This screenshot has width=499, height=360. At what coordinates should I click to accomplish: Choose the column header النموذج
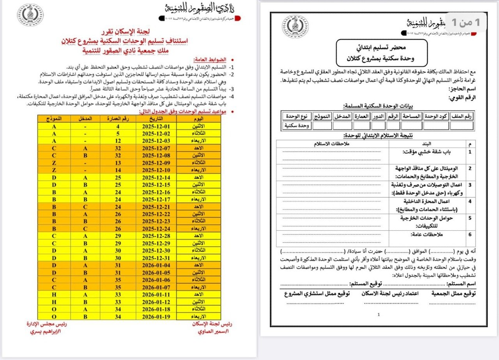click(54, 118)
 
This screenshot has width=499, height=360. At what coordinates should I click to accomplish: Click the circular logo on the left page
click(30, 15)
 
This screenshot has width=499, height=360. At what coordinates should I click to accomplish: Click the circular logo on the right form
click(295, 26)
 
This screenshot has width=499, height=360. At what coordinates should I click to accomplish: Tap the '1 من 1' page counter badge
click(466, 22)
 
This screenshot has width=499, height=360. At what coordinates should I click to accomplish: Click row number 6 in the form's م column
click(470, 235)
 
